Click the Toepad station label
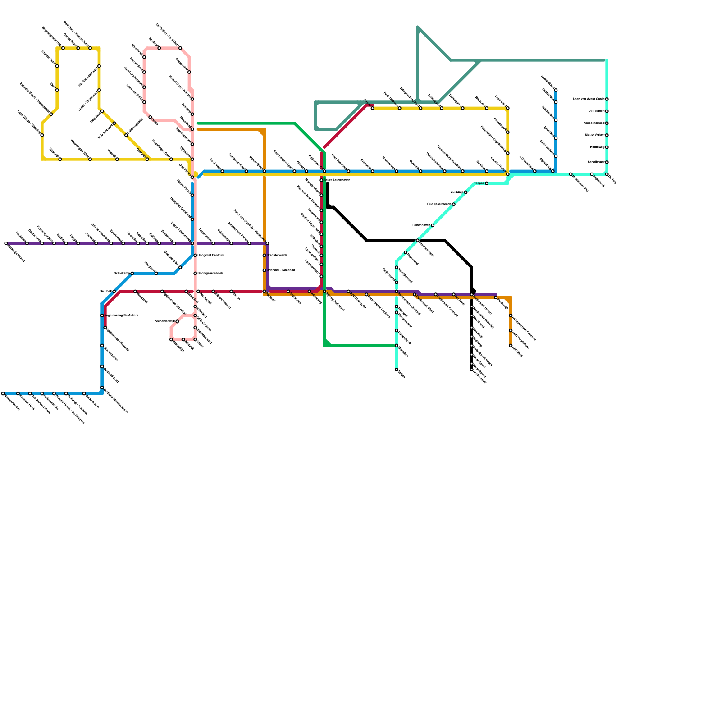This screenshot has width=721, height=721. point(479,183)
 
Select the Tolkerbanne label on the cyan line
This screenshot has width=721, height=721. point(421,225)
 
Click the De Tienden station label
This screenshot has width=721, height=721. point(596,111)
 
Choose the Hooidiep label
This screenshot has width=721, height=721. point(597,147)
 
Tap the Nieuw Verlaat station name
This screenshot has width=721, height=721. point(594,135)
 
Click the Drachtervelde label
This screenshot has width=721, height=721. point(277,256)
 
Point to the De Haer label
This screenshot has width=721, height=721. point(105,292)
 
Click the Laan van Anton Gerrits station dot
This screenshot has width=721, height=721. point(607,99)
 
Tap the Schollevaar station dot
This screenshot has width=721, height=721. point(607,162)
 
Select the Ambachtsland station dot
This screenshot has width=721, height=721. point(607,123)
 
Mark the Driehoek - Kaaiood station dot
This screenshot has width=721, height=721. point(265,270)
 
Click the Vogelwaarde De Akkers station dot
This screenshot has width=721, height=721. point(102,315)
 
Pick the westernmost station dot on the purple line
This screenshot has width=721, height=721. point(6,243)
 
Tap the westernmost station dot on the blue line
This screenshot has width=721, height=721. point(3,393)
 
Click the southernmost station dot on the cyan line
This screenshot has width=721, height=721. point(397,370)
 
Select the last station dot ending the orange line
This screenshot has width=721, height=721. point(511,346)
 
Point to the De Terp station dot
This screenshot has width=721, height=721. point(607,174)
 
